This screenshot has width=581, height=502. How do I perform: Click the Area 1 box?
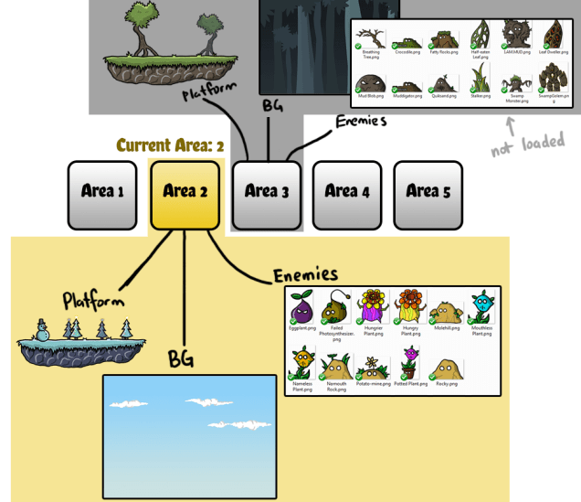point(102,192)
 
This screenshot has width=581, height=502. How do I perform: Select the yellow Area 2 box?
point(185,192)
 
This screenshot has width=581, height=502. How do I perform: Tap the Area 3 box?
point(266,192)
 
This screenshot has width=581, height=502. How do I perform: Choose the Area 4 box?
point(346,192)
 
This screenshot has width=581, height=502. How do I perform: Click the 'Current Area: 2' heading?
point(170,146)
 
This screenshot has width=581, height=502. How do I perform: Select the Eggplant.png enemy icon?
point(301,308)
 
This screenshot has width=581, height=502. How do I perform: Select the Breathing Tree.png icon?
point(371,37)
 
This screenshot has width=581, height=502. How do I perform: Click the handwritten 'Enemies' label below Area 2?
point(306,273)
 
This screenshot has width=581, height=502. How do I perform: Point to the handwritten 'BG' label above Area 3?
point(272,106)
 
